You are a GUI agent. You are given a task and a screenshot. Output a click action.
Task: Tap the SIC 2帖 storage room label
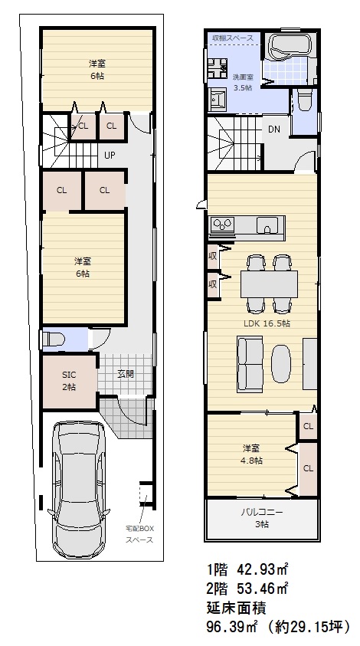coord(69,381)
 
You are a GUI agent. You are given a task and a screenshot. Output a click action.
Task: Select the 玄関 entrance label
coord(126,375)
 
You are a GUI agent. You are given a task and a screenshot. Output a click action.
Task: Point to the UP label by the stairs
coord(110,156)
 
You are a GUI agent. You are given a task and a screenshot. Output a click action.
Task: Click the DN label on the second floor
coord(274,130)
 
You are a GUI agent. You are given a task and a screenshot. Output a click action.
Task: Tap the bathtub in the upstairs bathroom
coord(290,44)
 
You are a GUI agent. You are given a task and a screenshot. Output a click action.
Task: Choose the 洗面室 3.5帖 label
coord(243,82)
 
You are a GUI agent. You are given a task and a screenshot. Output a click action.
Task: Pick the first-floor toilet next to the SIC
coord(54,340)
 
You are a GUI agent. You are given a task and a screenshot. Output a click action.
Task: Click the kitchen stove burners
coord(221,225)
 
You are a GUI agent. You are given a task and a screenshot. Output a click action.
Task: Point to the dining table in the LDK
coord(269,284)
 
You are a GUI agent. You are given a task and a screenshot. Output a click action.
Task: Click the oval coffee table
coord(281,362)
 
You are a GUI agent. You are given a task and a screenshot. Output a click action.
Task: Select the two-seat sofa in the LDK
coord(250,363)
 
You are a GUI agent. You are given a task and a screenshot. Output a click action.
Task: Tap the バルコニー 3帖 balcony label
coord(262,518)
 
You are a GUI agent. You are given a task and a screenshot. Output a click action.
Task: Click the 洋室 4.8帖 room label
coord(252,454)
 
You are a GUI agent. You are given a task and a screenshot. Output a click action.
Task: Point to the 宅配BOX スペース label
coord(139,534)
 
